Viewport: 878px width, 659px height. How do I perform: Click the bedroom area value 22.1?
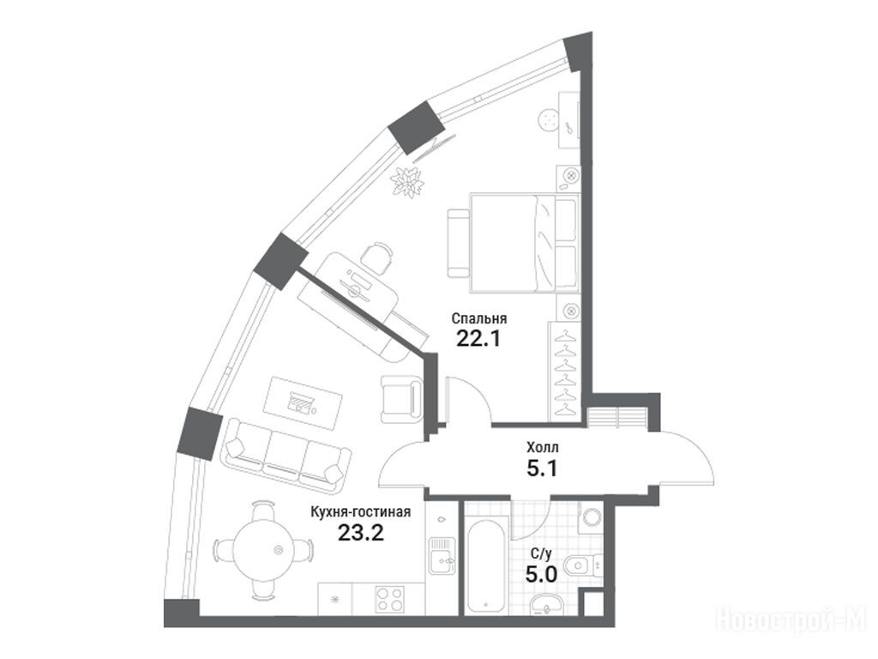point(478,338)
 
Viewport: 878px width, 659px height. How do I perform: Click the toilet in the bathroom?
point(589,563)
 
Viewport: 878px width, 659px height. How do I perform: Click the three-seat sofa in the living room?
point(285,452)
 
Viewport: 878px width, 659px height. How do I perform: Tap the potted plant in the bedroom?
point(406,181)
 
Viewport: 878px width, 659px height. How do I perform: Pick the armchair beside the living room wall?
point(400,397)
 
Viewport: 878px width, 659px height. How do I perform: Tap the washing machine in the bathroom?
point(590,518)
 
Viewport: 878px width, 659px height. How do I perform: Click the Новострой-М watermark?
point(791,620)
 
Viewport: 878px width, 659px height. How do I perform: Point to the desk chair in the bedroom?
point(376,256)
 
